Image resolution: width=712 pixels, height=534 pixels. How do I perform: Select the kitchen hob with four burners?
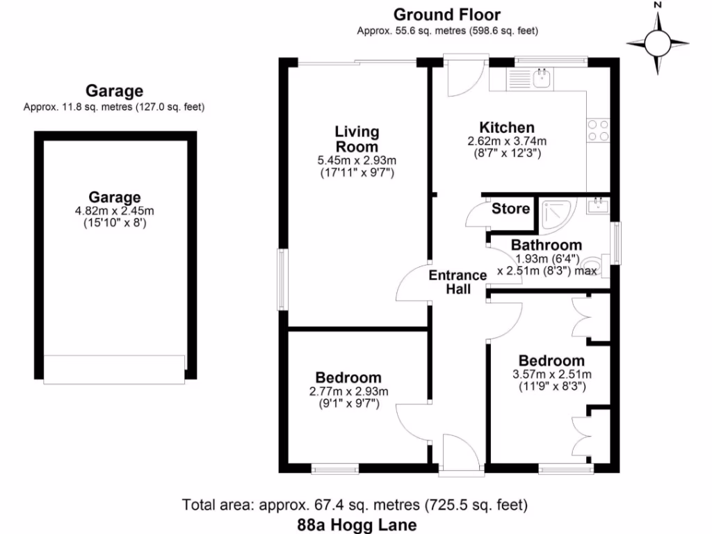pyautogui.click(x=599, y=131)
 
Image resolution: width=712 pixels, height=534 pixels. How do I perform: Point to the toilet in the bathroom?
pyautogui.click(x=602, y=266)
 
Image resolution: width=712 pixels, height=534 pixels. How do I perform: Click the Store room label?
pyautogui.click(x=510, y=209)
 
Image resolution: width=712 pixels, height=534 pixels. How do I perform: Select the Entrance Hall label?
pyautogui.click(x=458, y=282)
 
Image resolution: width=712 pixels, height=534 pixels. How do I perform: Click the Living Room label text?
pyautogui.click(x=357, y=139)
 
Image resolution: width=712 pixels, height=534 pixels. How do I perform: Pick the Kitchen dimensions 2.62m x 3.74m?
pyautogui.click(x=507, y=147)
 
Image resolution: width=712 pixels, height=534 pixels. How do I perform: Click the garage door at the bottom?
pyautogui.click(x=114, y=369)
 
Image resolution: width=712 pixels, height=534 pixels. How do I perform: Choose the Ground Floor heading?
pyautogui.click(x=447, y=15)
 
